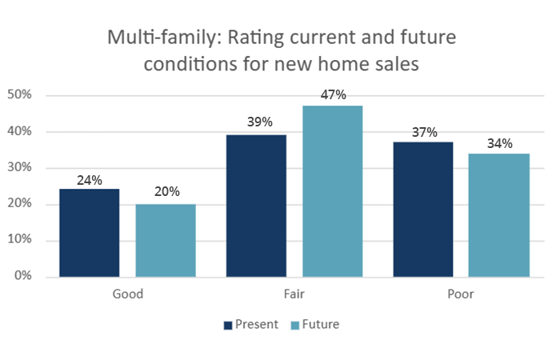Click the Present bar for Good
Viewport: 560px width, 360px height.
click(89, 233)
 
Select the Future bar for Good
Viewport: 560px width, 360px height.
click(166, 240)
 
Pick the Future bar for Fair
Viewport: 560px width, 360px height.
click(333, 191)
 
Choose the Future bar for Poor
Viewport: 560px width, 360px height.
click(499, 215)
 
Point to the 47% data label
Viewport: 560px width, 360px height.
click(333, 95)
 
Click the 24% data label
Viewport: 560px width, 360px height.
click(89, 180)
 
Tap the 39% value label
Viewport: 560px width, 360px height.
click(256, 122)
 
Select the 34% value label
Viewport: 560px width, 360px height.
click(499, 143)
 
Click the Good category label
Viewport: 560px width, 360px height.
click(127, 294)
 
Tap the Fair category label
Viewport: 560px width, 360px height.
click(294, 294)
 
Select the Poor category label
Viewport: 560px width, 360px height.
click(461, 294)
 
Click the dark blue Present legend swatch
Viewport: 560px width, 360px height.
click(228, 325)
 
